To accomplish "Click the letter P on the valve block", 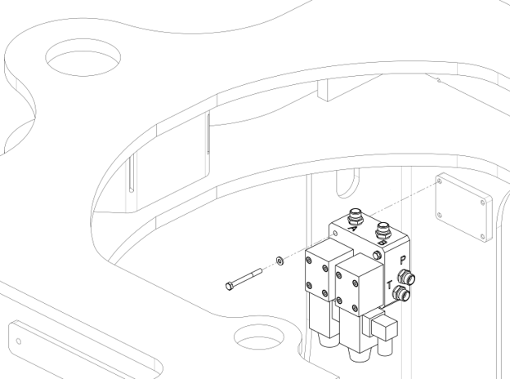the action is coord(403,261).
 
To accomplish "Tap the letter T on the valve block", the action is coord(390,285).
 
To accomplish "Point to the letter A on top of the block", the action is coord(351,229).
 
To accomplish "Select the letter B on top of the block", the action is coord(382,243).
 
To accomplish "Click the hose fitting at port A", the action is coord(355,216).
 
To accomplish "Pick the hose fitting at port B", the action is coord(382,230).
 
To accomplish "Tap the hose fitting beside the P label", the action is coord(406,277).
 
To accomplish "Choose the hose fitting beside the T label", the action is coord(400,293).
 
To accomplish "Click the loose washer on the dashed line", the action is coord(280,260).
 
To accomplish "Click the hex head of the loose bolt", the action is coord(229,286).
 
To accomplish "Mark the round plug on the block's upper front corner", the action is coord(377,255).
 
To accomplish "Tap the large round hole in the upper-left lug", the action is coord(83,57).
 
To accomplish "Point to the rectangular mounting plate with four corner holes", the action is coord(463,207).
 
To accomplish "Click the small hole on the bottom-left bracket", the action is coord(19,341).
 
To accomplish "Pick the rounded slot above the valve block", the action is coord(347,183).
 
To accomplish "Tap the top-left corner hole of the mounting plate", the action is coord(440,181).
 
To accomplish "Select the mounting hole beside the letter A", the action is coord(336,233).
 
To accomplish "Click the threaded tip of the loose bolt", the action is coord(260,270).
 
